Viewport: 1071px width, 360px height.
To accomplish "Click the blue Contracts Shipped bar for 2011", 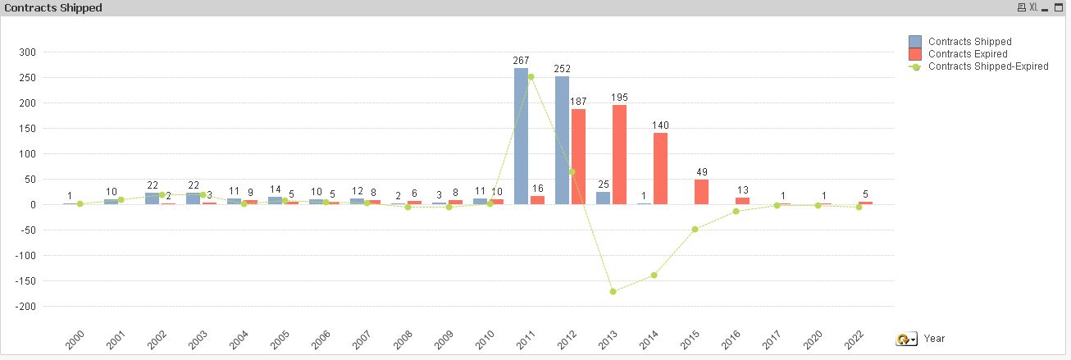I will (521, 136).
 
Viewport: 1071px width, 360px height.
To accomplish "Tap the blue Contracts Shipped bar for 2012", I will (562, 140).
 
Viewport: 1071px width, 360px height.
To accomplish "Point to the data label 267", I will (521, 61).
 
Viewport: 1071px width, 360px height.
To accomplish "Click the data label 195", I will (619, 98).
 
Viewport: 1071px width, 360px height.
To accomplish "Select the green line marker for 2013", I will (613, 291).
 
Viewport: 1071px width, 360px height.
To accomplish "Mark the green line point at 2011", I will (531, 77).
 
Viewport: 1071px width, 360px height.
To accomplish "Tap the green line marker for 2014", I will (654, 275).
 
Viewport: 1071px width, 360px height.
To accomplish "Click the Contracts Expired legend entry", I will (968, 53).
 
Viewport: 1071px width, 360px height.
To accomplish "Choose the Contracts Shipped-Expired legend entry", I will (987, 66).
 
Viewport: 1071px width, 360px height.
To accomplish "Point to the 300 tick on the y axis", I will (50, 52).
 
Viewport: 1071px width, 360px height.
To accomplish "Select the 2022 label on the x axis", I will (854, 339).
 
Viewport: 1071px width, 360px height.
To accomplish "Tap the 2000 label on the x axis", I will (75, 339).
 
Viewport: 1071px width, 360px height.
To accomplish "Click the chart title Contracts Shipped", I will (53, 7).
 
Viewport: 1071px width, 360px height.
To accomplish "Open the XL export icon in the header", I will (1034, 7).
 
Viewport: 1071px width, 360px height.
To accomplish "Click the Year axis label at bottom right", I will (934, 338).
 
